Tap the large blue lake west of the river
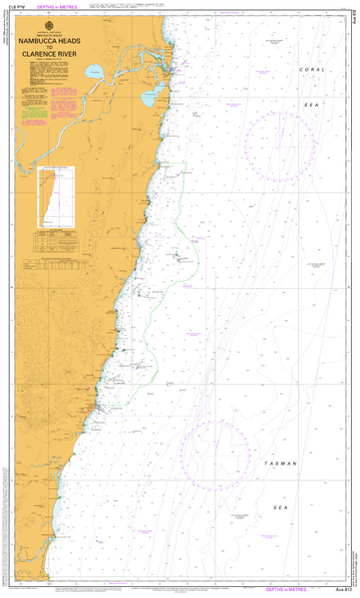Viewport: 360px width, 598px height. (x=93, y=72)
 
